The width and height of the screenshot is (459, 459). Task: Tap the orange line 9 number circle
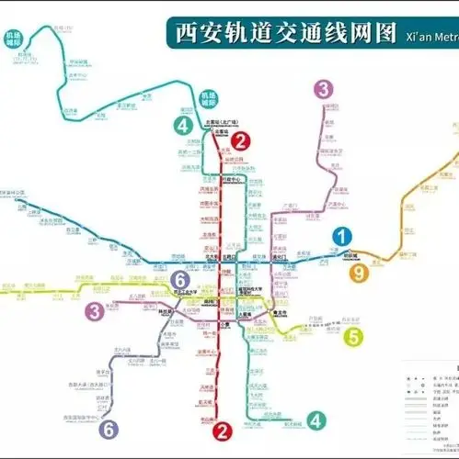359,273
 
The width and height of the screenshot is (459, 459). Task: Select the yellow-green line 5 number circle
354,336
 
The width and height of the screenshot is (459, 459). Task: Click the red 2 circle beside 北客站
241,140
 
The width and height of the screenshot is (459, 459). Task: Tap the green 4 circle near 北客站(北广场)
187,126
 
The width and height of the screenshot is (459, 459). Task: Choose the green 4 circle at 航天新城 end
316,421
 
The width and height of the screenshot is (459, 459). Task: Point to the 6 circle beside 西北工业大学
181,279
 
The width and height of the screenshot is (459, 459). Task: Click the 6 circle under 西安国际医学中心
109,428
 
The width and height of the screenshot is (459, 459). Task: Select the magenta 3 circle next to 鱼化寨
94,311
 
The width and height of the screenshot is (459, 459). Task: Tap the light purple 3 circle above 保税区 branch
323,89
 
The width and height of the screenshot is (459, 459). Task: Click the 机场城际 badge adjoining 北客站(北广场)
210,98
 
